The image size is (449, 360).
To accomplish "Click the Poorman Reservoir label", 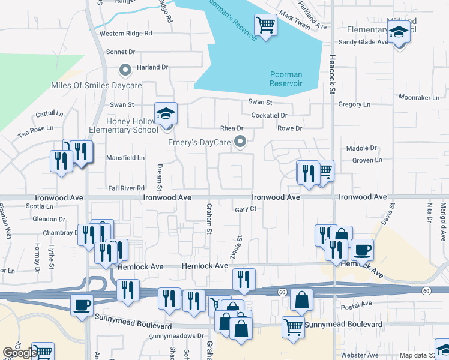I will (285, 79).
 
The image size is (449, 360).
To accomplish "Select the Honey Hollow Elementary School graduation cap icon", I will (166, 113).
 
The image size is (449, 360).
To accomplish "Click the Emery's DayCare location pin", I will (240, 142).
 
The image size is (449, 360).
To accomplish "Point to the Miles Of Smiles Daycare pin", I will (125, 71).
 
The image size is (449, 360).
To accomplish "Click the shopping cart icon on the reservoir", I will (265, 25).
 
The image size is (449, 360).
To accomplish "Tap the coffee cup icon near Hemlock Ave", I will (361, 249).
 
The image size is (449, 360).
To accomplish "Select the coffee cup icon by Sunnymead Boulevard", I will (82, 305).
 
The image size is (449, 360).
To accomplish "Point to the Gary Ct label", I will (246, 209).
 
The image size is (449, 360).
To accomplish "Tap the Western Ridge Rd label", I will (126, 34).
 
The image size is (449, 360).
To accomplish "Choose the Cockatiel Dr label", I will (270, 115).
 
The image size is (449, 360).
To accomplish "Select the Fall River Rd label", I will (127, 188).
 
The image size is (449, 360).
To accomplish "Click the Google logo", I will (19, 353).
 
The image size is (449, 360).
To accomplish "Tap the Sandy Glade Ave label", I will (364, 42).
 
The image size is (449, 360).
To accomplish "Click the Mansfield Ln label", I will (125, 158).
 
